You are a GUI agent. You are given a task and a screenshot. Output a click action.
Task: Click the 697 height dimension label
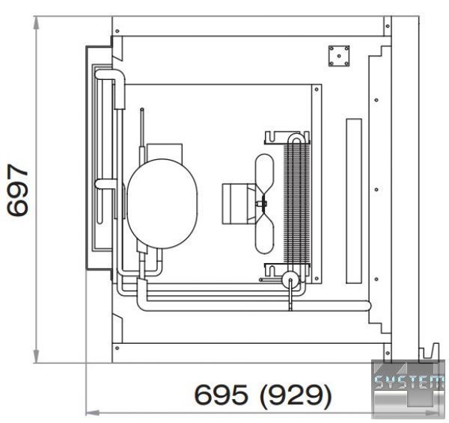click(18, 190)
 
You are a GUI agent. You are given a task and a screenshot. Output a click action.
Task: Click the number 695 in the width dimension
click(221, 395)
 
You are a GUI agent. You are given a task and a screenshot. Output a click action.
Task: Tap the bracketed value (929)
click(296, 395)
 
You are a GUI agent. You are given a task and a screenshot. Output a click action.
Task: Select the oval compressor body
click(162, 203)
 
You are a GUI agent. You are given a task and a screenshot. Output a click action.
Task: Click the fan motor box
click(236, 203)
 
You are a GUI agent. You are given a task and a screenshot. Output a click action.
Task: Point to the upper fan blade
click(264, 174)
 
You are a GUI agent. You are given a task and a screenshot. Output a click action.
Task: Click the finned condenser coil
click(296, 203)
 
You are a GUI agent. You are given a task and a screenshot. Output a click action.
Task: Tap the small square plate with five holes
click(339, 56)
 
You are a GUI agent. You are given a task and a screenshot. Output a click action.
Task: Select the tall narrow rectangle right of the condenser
click(354, 201)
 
